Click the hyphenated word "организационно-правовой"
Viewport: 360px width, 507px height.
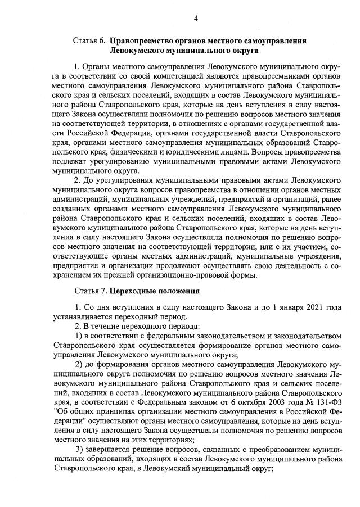click(163, 275)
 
